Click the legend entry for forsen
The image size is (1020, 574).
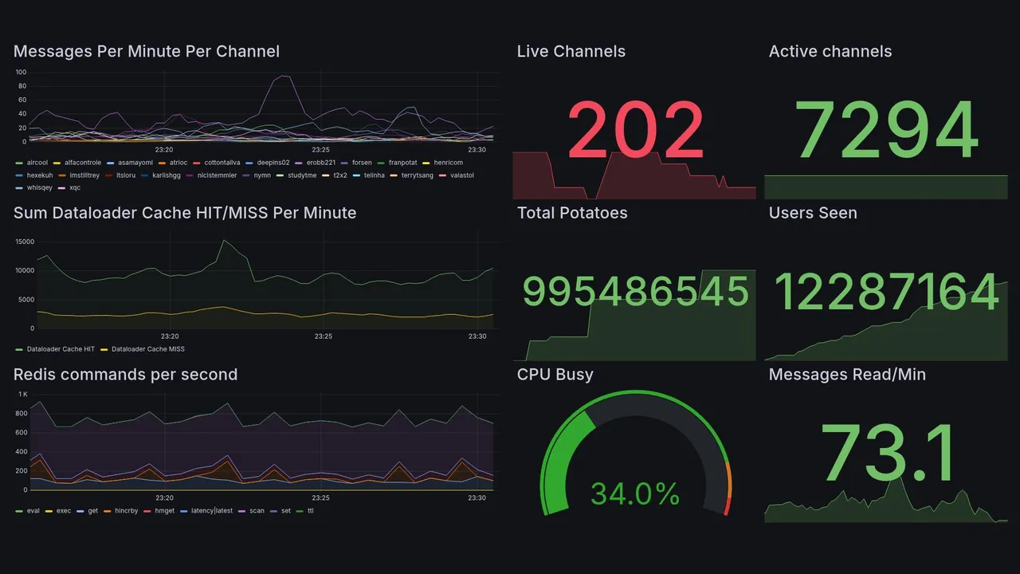point(361,163)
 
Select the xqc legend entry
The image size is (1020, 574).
point(75,188)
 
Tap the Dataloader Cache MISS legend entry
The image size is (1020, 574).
point(146,349)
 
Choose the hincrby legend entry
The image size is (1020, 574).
point(127,510)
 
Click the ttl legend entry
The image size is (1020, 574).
point(310,510)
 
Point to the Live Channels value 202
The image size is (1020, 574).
point(635,130)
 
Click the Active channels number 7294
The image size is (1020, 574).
point(886,130)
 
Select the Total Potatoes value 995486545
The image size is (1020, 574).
point(635,292)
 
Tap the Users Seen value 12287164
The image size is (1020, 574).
point(886,292)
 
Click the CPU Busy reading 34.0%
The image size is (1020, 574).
point(635,493)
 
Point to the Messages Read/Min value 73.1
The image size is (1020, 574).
point(886,454)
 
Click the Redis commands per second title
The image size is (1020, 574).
point(126,375)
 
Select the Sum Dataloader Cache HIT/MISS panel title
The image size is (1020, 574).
point(185,213)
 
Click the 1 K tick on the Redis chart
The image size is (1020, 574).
point(22,395)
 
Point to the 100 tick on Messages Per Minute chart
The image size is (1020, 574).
point(21,73)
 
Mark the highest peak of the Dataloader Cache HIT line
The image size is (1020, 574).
point(224,240)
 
